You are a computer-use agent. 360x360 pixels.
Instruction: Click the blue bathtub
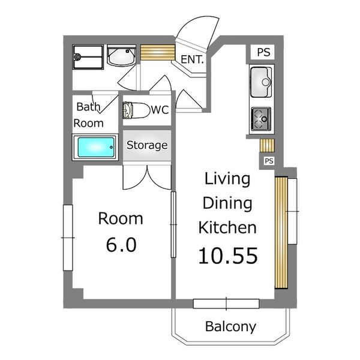tap(96, 147)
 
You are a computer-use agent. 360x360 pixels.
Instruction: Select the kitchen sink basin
tap(261, 82)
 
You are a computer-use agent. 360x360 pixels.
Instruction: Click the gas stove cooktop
tap(261, 119)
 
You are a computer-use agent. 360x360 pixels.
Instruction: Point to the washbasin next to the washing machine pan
tap(121, 56)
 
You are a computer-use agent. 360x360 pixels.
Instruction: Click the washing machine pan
tap(88, 57)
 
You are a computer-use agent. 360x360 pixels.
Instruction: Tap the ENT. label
tap(192, 59)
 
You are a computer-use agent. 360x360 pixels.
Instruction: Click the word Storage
tap(147, 145)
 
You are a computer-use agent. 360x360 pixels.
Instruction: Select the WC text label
tap(160, 110)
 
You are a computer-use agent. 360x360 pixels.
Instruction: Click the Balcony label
tap(230, 326)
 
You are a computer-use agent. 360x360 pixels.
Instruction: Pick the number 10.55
tap(228, 256)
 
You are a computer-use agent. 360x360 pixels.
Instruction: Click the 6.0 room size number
tap(121, 245)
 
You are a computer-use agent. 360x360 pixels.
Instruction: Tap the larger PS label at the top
tap(263, 52)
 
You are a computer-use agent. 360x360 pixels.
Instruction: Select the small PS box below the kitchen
tap(269, 161)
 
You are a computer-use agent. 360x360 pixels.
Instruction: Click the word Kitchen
tap(227, 227)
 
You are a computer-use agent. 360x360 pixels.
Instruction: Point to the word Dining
tap(227, 203)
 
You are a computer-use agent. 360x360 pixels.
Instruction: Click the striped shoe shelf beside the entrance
tap(158, 53)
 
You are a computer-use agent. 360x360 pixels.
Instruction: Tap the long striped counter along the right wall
tap(281, 232)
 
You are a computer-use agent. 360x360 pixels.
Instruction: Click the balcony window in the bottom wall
tap(226, 304)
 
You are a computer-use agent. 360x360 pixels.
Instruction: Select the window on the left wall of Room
tap(68, 238)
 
